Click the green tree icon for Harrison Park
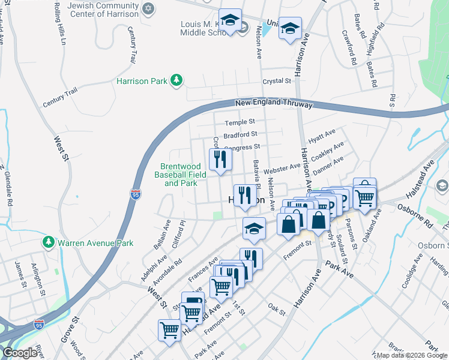point(176,80)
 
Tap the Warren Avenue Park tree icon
point(49,242)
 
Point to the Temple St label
point(240,122)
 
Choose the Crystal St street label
point(276,81)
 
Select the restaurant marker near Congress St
point(220,160)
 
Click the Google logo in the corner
point(20,352)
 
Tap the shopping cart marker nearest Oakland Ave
point(364,196)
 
